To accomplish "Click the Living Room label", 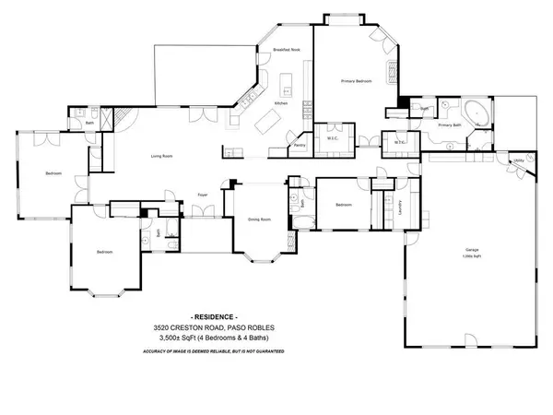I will click(x=163, y=157).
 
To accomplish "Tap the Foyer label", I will click(x=202, y=196).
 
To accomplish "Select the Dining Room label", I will click(x=259, y=219).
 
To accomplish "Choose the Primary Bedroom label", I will click(x=356, y=81).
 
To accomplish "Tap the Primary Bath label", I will click(x=449, y=125).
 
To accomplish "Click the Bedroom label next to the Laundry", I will click(x=344, y=205).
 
